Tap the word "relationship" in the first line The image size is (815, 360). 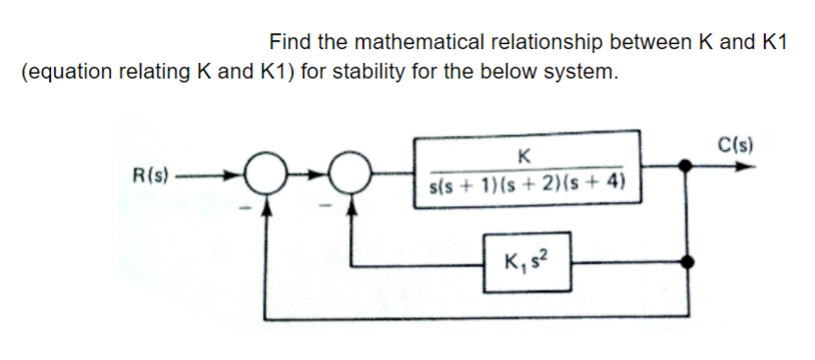point(550,42)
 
